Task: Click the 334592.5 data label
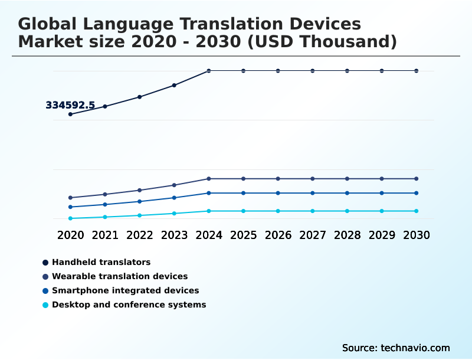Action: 70,106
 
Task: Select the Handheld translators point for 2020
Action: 71,114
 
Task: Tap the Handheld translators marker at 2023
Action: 174,85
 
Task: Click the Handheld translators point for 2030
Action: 416,71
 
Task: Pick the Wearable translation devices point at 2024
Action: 209,178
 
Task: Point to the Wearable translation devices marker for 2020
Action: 71,198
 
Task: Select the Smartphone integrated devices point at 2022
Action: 140,201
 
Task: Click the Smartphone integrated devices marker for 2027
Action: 313,193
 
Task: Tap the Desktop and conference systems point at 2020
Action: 71,218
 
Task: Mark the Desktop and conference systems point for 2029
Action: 382,211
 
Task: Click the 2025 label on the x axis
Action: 243,235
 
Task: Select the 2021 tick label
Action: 105,235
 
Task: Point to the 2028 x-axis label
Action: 347,235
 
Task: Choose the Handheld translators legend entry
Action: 101,262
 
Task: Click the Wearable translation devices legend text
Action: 120,276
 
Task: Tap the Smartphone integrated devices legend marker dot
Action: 45,291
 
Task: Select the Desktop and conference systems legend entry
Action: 129,305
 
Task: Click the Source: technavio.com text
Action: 396,348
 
